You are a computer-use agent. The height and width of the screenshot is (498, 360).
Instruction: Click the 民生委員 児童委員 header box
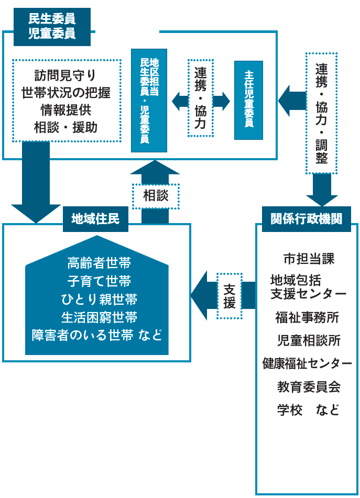click(x=51, y=26)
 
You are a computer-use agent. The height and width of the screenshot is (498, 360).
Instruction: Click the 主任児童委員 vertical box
click(x=248, y=101)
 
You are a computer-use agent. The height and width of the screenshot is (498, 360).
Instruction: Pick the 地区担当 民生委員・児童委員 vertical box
click(x=149, y=101)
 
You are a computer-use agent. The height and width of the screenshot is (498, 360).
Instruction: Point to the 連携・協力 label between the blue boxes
click(x=201, y=98)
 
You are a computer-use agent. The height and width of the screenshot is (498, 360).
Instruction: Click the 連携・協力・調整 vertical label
click(x=321, y=113)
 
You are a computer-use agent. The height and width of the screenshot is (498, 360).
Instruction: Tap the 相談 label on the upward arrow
click(x=156, y=195)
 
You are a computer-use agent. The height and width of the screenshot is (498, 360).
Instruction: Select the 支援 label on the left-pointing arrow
click(x=230, y=296)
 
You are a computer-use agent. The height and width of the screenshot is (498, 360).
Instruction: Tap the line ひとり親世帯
click(x=99, y=299)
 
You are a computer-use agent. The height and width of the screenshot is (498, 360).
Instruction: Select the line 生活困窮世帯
click(x=99, y=317)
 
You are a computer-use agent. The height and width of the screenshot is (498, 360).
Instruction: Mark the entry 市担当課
click(x=308, y=259)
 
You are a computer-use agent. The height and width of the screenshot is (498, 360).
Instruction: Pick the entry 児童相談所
click(x=308, y=340)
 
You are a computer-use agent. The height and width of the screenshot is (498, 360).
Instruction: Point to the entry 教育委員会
click(x=308, y=387)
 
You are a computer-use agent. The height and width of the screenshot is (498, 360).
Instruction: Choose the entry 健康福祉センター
click(x=307, y=363)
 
